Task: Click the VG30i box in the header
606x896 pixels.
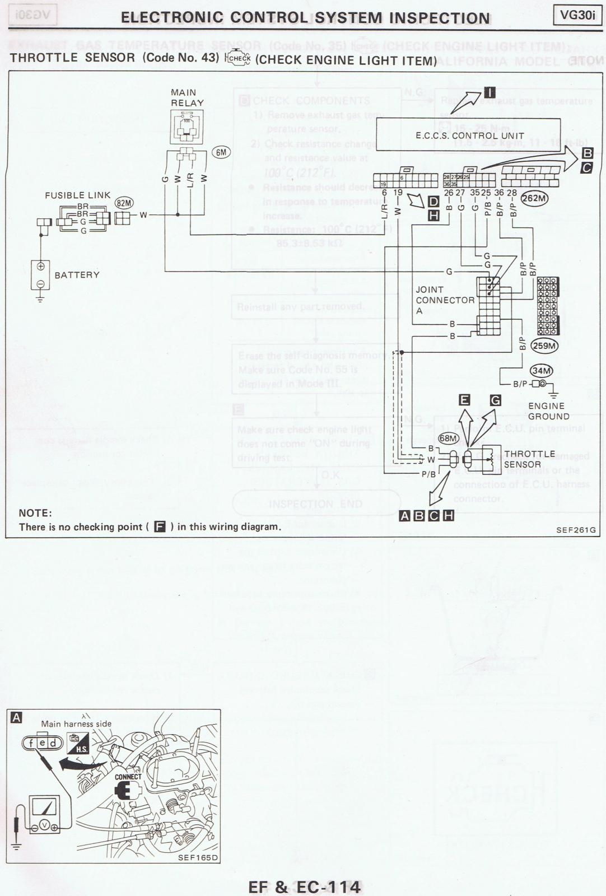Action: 577,15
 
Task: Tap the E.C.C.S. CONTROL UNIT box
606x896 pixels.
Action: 469,134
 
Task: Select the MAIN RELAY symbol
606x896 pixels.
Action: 187,127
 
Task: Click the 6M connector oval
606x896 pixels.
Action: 221,152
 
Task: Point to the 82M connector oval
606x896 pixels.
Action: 124,203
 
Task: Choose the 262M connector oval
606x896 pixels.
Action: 534,198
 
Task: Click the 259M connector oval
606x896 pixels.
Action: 544,346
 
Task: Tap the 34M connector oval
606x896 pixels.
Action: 542,371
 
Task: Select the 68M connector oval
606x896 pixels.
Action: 448,438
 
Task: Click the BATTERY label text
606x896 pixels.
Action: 77,275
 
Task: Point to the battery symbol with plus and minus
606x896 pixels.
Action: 40,275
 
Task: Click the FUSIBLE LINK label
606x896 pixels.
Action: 78,195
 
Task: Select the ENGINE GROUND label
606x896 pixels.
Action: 548,411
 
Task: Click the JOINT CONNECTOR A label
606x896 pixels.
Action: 445,300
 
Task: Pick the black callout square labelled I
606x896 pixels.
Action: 489,94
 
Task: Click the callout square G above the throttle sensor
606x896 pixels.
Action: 495,400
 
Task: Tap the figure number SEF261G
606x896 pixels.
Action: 576,530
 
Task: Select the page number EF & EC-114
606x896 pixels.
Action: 305,886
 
